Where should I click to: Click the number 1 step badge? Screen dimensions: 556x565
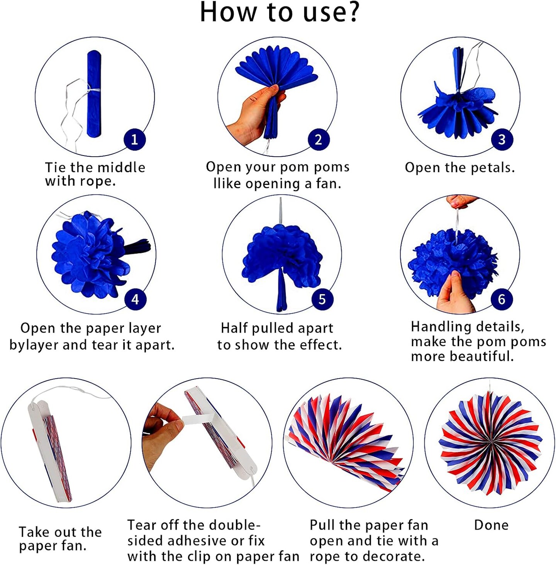click(135, 139)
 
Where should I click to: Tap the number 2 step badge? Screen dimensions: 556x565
click(319, 139)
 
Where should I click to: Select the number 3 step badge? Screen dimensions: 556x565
click(502, 139)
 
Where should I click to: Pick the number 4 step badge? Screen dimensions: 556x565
click(135, 299)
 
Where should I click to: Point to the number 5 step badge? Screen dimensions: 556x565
click(322, 299)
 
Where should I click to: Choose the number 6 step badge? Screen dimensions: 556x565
click(502, 299)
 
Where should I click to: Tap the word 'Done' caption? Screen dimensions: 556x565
click(491, 525)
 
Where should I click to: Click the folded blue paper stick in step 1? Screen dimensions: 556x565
click(94, 94)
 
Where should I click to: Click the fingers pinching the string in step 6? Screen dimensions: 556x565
click(462, 201)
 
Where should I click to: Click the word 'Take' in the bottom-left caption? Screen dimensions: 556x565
click(32, 532)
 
